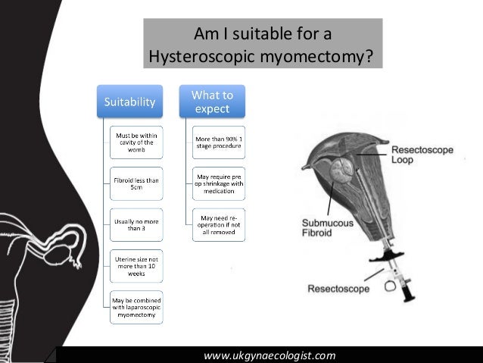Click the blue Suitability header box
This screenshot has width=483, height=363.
130,101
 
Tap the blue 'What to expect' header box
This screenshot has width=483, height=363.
212,102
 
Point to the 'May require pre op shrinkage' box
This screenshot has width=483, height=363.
220,183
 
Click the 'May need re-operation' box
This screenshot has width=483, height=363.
220,224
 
